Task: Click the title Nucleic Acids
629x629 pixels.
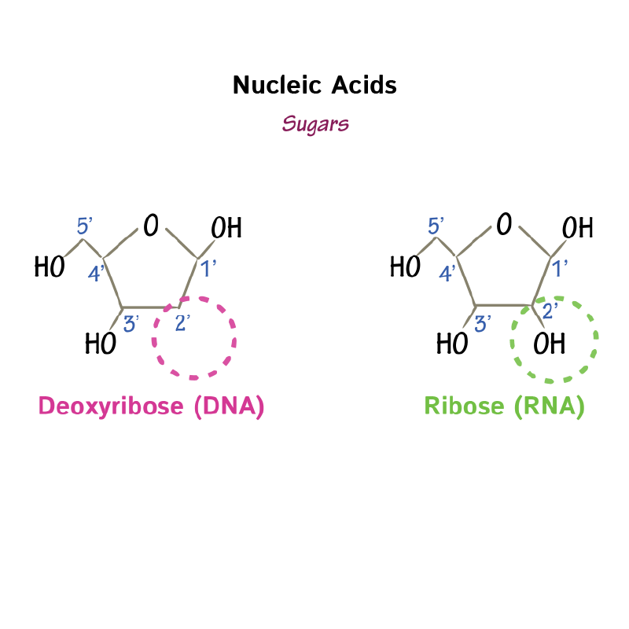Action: tap(314, 85)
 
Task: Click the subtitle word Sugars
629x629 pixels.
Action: tap(315, 123)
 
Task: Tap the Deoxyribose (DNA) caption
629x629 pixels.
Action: tap(151, 406)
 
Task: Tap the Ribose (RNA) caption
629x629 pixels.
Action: tap(504, 406)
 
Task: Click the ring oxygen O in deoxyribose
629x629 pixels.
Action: tap(150, 226)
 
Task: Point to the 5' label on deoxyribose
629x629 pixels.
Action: tap(85, 227)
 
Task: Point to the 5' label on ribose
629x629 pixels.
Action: tap(436, 226)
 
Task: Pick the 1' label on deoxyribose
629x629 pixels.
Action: tap(208, 270)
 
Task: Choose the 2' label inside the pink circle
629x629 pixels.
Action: tap(182, 322)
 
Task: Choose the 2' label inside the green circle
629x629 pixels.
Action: tap(551, 310)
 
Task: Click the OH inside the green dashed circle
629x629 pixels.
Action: tap(549, 344)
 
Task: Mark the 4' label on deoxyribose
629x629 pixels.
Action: tap(95, 274)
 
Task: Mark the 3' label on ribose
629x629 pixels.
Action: tap(483, 322)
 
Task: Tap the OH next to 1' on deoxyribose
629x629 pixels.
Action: tap(226, 229)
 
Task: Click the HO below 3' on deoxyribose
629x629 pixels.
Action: tap(101, 344)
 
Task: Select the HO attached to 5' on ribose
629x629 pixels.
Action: tap(405, 267)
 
